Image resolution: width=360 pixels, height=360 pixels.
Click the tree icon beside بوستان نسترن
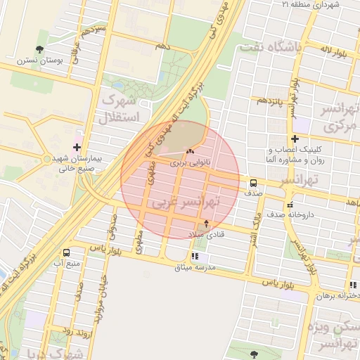[40, 49]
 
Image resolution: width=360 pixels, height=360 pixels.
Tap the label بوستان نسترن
[49, 62]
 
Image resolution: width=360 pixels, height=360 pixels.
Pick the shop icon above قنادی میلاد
[206, 224]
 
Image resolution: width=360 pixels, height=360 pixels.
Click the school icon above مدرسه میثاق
[195, 257]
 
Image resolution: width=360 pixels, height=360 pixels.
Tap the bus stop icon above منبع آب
[66, 252]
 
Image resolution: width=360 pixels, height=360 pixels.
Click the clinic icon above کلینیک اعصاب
[295, 139]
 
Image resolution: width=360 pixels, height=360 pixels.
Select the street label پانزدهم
[269, 101]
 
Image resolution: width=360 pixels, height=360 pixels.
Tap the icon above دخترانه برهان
[352, 285]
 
